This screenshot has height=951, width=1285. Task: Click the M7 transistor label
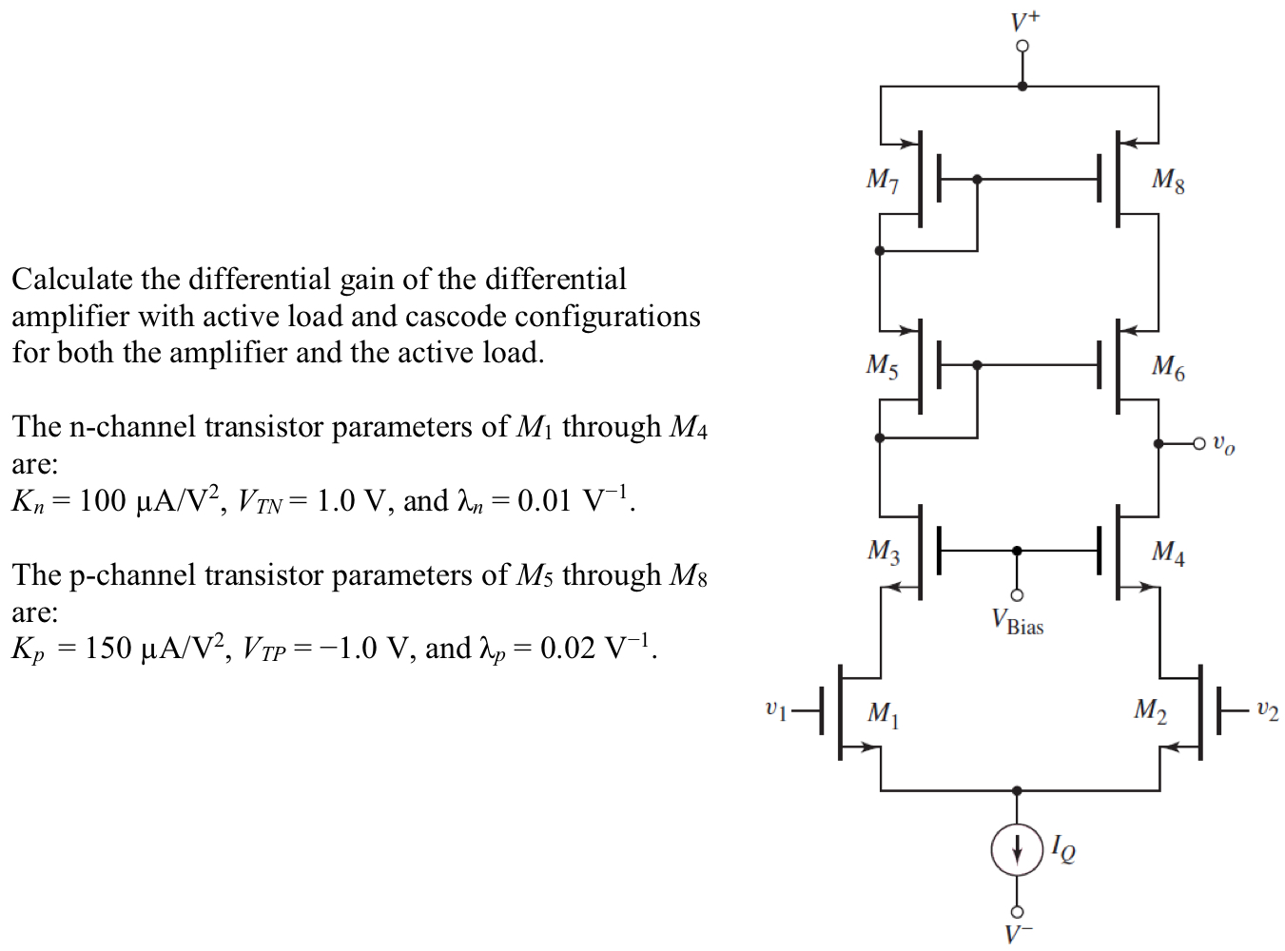(882, 180)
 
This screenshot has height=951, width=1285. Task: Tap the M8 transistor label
(1168, 180)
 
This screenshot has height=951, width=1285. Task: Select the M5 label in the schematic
(882, 366)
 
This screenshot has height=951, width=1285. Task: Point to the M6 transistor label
(1168, 366)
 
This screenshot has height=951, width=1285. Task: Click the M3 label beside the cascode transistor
(884, 552)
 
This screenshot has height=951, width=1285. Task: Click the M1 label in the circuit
(884, 713)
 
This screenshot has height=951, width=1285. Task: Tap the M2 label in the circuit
(1150, 710)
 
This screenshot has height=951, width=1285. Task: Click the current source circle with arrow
(1017, 848)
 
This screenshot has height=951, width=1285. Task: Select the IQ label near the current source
(1064, 849)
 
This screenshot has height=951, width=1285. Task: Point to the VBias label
(1017, 623)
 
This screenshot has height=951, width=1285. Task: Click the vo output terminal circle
(1199, 443)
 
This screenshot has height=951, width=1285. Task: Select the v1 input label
(776, 709)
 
